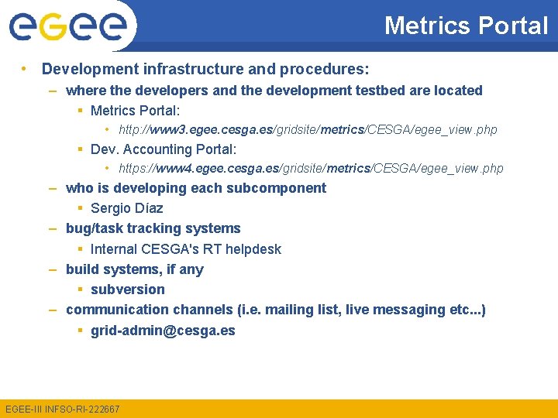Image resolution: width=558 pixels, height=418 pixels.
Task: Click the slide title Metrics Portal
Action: pyautogui.click(x=466, y=26)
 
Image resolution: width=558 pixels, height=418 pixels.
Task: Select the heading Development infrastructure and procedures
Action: pyautogui.click(x=205, y=69)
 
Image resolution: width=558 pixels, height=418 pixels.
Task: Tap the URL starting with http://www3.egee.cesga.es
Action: pyautogui.click(x=308, y=129)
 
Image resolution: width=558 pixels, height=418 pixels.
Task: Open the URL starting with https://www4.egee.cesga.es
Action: pyautogui.click(x=311, y=168)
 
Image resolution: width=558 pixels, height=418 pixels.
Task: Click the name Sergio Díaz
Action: pyautogui.click(x=126, y=208)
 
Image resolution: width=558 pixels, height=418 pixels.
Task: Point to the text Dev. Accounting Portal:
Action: pyautogui.click(x=163, y=149)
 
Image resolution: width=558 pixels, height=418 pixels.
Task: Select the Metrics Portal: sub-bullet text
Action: pyautogui.click(x=135, y=111)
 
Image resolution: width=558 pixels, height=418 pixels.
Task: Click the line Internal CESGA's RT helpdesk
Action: pyautogui.click(x=185, y=249)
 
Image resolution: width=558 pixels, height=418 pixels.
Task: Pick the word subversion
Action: pyautogui.click(x=127, y=290)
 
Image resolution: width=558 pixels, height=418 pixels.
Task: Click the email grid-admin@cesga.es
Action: pyautogui.click(x=163, y=331)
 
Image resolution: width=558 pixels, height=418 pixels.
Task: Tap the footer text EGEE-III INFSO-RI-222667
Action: pyautogui.click(x=62, y=409)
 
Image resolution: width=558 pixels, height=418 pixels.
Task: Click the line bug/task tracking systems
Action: pyautogui.click(x=153, y=228)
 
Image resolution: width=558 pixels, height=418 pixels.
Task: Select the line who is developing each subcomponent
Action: pyautogui.click(x=195, y=188)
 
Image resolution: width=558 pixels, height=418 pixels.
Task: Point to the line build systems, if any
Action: pyautogui.click(x=134, y=269)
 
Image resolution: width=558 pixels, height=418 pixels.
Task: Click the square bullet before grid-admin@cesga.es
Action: pyautogui.click(x=81, y=331)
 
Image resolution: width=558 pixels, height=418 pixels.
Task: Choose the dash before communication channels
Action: pyautogui.click(x=52, y=310)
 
